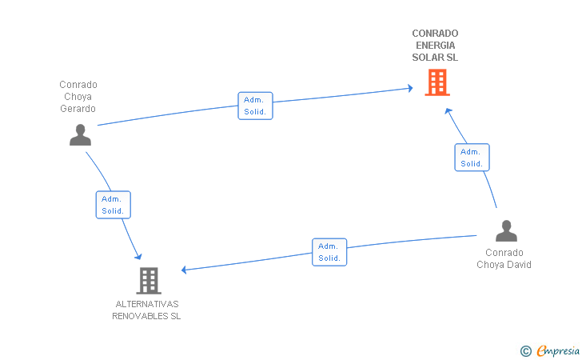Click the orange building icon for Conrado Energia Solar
437,82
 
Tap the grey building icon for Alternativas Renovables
149,281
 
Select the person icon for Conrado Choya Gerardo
80,135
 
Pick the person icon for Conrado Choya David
506,230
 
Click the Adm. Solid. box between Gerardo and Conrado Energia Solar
255,106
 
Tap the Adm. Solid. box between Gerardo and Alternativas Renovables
114,205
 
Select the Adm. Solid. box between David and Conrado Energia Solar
472,158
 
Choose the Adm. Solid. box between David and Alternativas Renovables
329,252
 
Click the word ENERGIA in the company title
436,46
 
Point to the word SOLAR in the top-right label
426,58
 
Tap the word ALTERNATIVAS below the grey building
147,304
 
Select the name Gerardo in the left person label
78,109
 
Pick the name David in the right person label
519,265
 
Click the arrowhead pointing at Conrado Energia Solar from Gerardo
410,88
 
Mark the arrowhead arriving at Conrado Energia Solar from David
448,110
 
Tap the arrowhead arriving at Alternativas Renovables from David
184,270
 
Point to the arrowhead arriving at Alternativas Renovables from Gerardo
138,256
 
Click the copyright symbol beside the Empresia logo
525,351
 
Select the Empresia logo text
558,350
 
